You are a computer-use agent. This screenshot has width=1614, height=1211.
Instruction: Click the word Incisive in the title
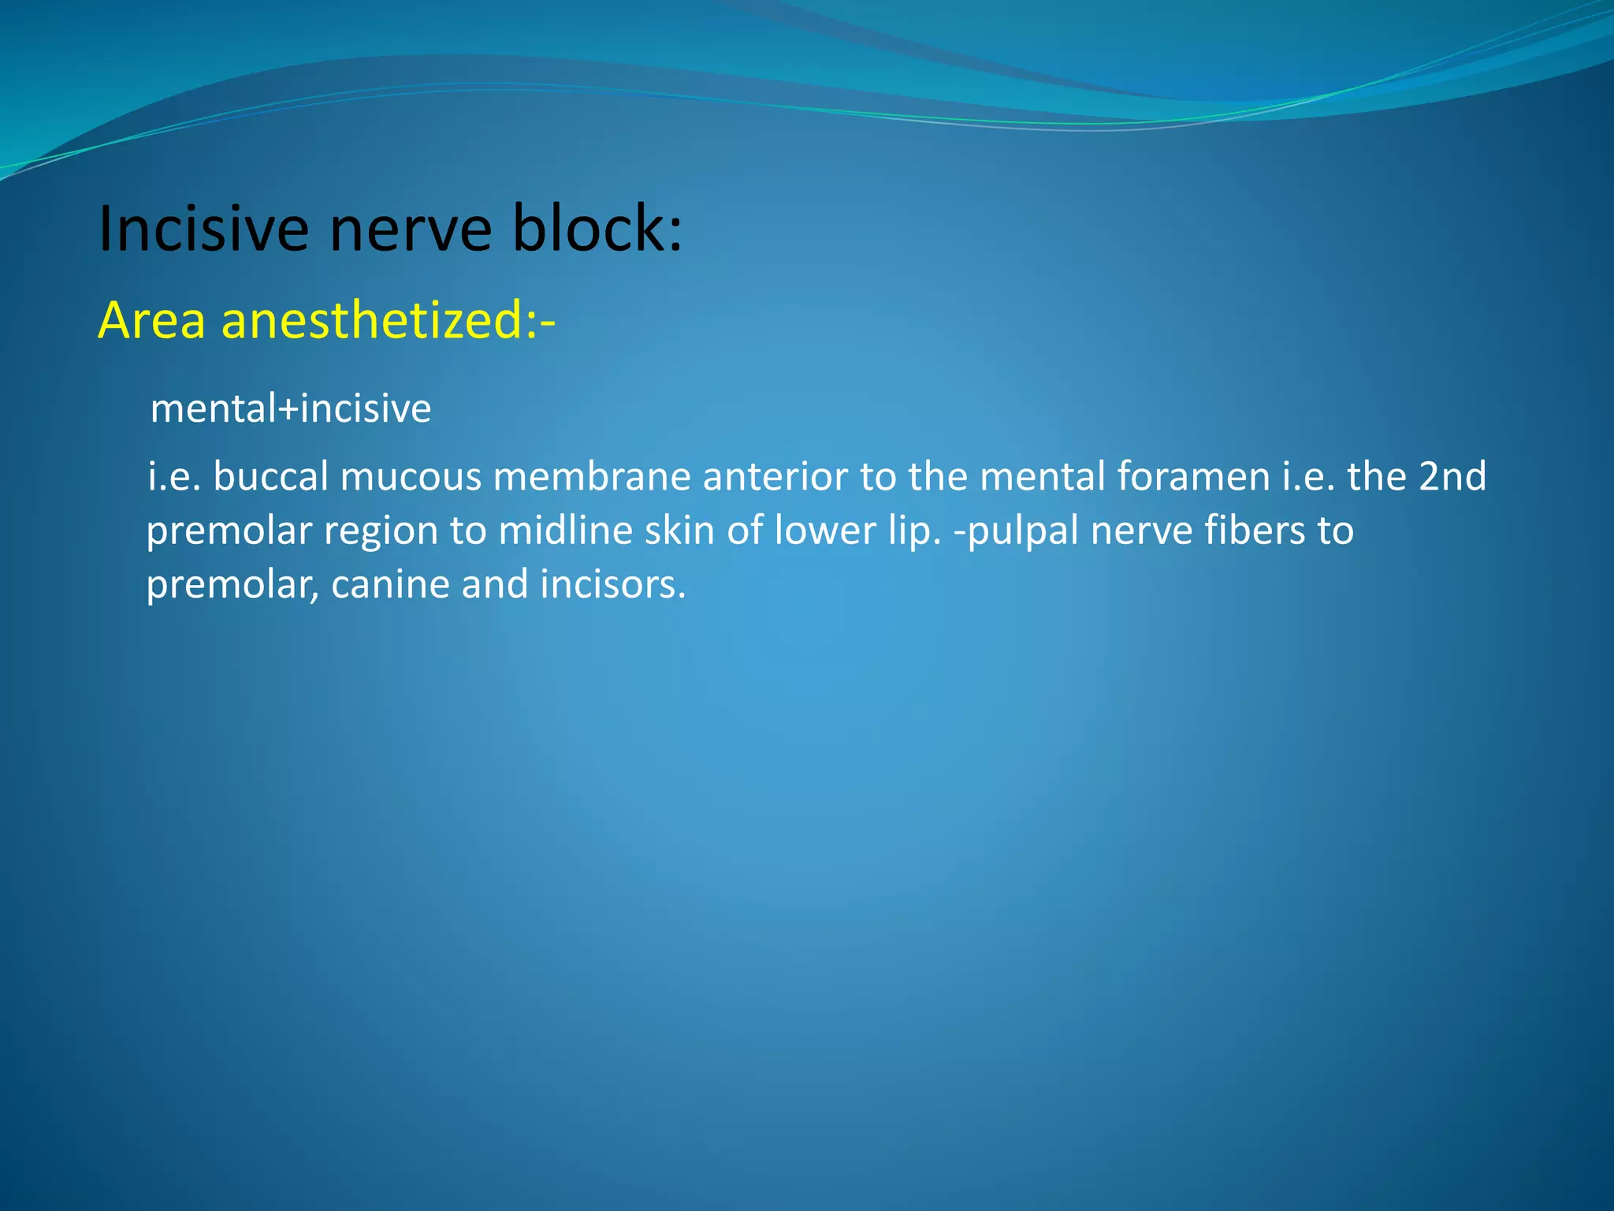[203, 229]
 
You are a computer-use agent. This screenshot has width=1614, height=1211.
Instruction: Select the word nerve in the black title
[410, 230]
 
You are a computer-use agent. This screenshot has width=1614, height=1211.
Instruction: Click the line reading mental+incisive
[291, 408]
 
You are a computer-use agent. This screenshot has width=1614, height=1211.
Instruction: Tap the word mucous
[411, 476]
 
